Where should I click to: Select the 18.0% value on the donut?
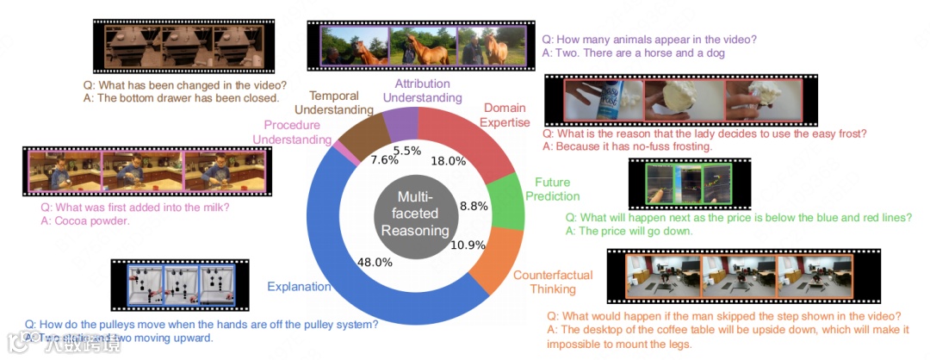[448, 161]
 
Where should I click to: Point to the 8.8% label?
[474, 206]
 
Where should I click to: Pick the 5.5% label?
[407, 151]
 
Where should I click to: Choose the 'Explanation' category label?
[300, 286]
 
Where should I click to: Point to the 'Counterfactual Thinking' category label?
[553, 282]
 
